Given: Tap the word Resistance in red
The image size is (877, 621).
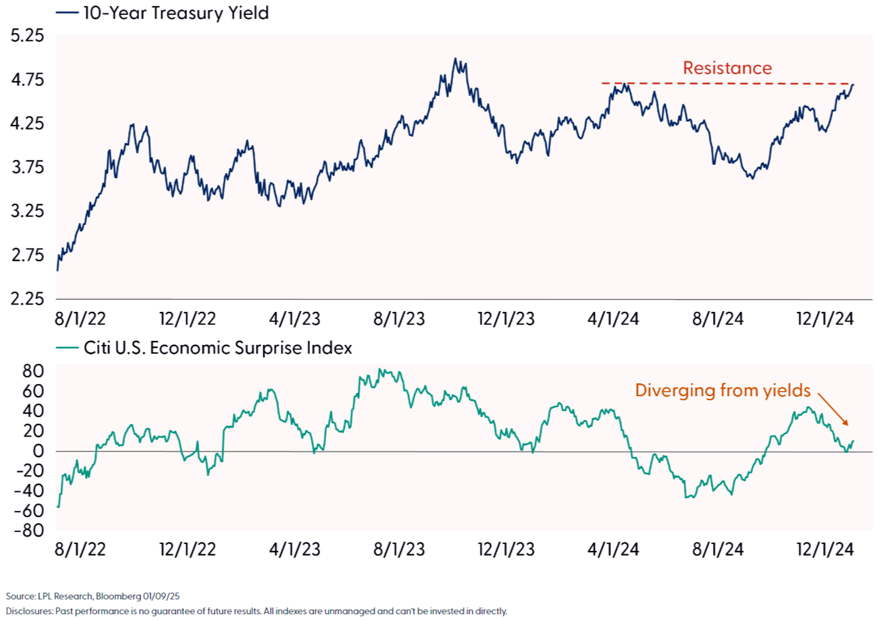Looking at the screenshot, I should click(x=726, y=68).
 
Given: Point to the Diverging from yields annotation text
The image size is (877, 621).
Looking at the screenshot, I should click(x=722, y=389).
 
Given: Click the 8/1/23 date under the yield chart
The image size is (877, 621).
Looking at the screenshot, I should click(x=399, y=318).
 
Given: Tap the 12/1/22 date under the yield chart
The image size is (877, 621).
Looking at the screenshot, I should click(x=187, y=318).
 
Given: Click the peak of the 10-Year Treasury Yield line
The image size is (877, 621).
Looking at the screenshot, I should click(x=456, y=59).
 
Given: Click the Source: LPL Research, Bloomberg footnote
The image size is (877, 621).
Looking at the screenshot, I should click(x=93, y=596).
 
